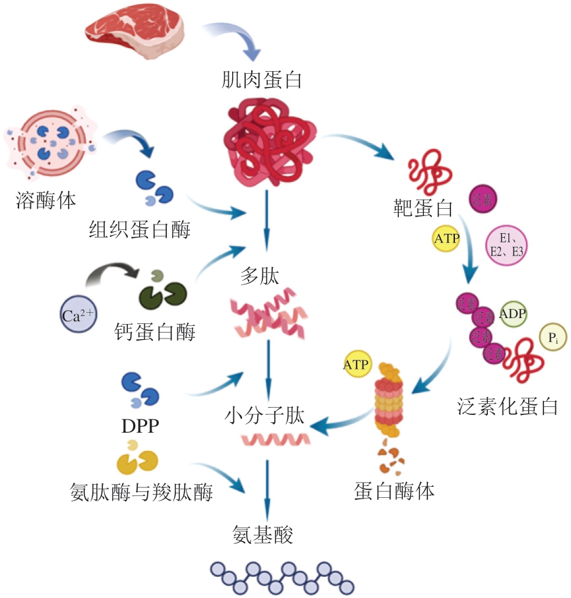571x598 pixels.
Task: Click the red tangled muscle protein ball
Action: click(x=266, y=141)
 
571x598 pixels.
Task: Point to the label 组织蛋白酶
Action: click(x=139, y=230)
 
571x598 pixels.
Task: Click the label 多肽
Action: click(x=260, y=277)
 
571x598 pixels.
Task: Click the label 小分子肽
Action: click(x=264, y=416)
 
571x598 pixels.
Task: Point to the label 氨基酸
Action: click(x=262, y=532)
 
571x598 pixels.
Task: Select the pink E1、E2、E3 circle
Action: click(x=506, y=245)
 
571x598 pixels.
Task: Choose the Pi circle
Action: click(x=553, y=339)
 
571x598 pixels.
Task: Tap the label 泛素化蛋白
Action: click(x=507, y=406)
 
